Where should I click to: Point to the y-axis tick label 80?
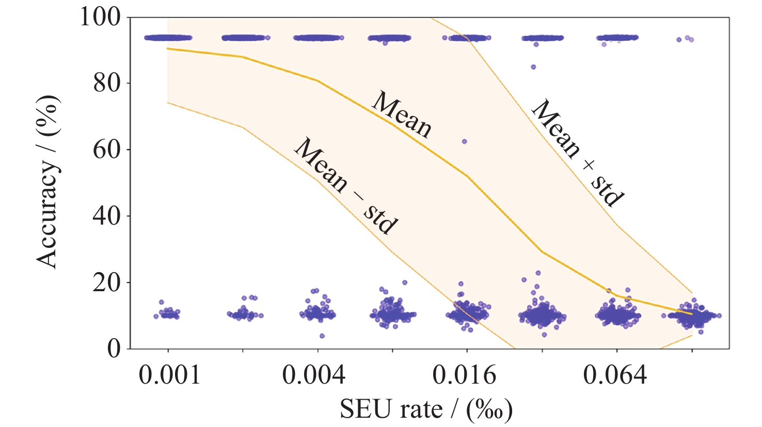click(107, 83)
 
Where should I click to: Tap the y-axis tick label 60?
click(107, 150)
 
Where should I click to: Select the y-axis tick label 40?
click(107, 216)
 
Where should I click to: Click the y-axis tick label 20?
click(107, 282)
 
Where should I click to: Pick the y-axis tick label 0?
click(114, 349)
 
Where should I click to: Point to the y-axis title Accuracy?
click(48, 182)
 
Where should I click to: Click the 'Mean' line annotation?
click(401, 115)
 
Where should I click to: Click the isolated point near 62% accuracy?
click(465, 141)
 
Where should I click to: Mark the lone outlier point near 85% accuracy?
click(533, 67)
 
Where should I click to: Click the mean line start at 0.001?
click(168, 49)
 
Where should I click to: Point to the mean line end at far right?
click(692, 313)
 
